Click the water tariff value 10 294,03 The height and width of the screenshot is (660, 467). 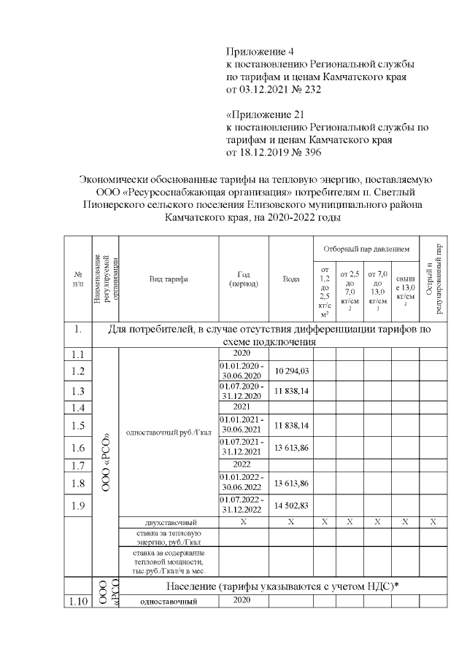291,372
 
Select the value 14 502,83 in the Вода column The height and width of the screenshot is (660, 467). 291,505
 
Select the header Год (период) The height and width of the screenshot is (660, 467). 244,279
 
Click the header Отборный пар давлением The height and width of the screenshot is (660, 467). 366,249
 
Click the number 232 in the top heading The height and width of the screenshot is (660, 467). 310,89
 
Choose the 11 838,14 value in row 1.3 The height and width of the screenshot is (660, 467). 291,390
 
